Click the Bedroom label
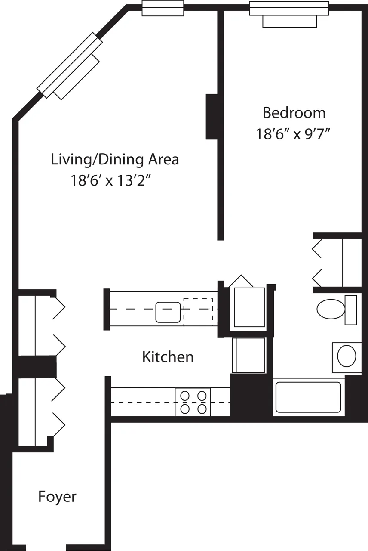(294, 113)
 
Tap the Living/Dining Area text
(115, 159)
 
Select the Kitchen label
(168, 357)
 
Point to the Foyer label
(57, 496)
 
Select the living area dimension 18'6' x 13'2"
(113, 180)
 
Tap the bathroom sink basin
(347, 356)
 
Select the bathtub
(308, 397)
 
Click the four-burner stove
(193, 402)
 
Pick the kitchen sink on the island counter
(168, 312)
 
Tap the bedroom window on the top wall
(289, 8)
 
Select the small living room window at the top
(163, 8)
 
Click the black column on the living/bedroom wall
(212, 116)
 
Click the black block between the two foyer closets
(37, 366)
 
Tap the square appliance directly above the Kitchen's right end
(248, 355)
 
